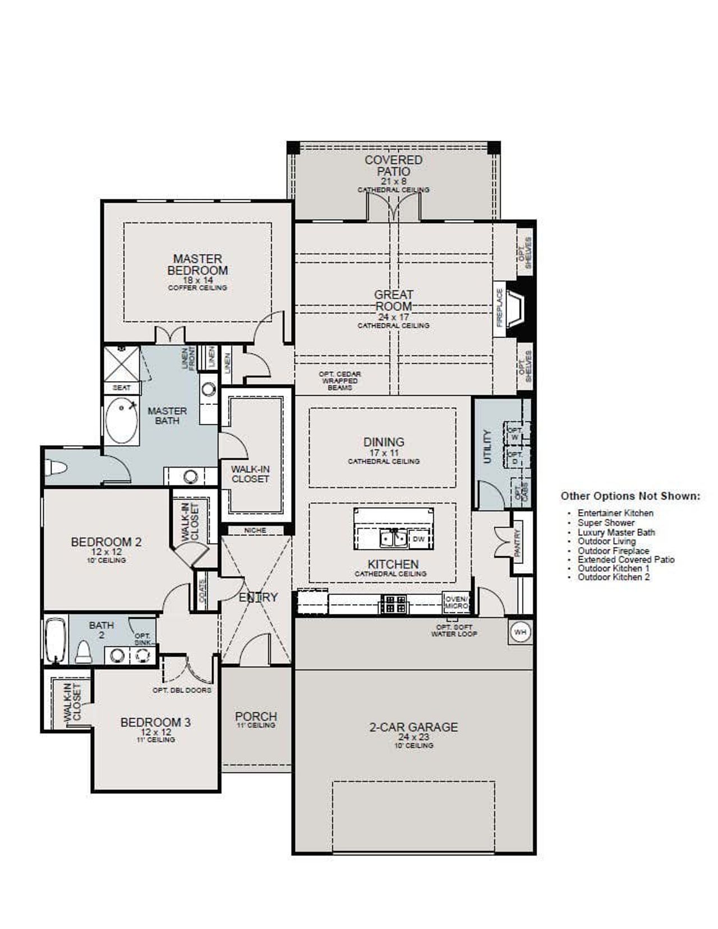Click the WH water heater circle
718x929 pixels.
click(520, 632)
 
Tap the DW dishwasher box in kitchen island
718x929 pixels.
click(418, 539)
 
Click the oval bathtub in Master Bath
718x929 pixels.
click(122, 420)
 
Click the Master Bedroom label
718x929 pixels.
click(197, 265)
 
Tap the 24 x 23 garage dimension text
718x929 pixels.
click(413, 737)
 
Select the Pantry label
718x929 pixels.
click(518, 542)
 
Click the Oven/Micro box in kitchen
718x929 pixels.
click(455, 603)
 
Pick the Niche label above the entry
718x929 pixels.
click(255, 530)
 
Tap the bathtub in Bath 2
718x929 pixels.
click(56, 640)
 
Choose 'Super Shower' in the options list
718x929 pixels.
click(606, 523)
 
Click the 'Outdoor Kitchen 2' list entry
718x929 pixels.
click(614, 577)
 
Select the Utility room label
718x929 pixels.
click(487, 446)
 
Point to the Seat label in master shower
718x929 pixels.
click(122, 387)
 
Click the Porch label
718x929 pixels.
click(256, 716)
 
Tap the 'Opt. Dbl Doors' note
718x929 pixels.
click(182, 690)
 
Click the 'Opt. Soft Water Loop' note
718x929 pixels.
click(454, 630)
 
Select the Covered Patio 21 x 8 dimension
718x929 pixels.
click(393, 182)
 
